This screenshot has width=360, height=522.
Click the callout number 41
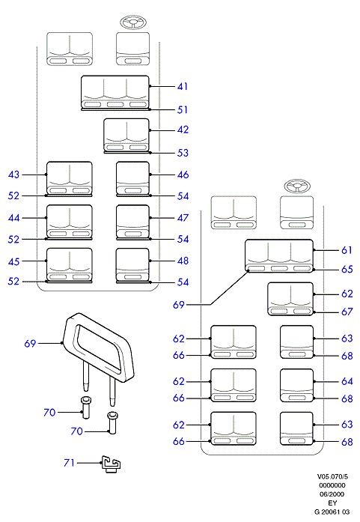coord(183,87)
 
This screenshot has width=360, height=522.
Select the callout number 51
coord(183,109)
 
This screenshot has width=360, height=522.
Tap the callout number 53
coord(183,153)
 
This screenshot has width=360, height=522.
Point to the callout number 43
coord(13,174)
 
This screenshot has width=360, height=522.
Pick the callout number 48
coord(183,261)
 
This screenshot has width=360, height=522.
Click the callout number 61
coord(347,250)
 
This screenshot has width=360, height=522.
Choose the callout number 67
coord(347,312)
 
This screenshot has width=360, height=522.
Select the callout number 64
coord(347,381)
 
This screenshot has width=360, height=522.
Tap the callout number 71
coord(69,463)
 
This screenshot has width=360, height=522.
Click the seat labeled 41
coord(115,92)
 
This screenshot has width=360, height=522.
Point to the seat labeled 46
coord(132,177)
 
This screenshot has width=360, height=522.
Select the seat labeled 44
coord(69,221)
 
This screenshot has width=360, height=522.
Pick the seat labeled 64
coord(297,386)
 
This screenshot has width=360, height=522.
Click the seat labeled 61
coord(279,255)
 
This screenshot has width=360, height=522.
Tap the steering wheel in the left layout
coord(133,23)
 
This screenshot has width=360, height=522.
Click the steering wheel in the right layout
coord(297,186)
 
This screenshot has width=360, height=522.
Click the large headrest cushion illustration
coord(99,346)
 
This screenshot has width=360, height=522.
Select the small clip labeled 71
coord(111,464)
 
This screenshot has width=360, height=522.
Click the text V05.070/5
coord(332,477)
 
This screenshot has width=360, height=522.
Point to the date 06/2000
coord(332,494)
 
